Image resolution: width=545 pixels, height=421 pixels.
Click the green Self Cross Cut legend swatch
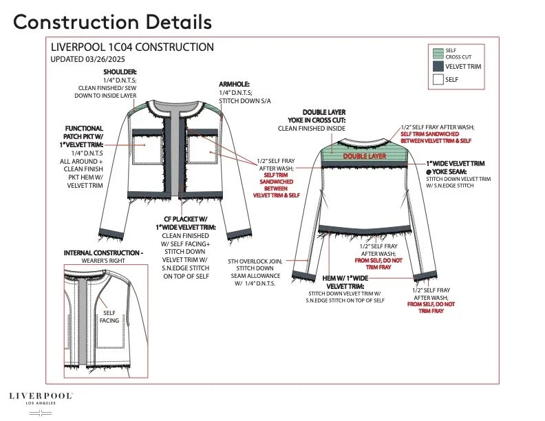[x=438, y=54]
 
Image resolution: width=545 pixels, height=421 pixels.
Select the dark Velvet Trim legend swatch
[x=438, y=66]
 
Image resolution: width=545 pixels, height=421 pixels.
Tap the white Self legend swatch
[x=438, y=80]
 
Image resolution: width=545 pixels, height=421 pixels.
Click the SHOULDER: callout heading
[x=120, y=72]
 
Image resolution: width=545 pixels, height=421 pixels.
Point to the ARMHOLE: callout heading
[x=234, y=85]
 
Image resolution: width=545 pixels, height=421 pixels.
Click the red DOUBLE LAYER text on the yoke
[x=365, y=156]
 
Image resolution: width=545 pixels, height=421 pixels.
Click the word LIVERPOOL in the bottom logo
[x=41, y=396]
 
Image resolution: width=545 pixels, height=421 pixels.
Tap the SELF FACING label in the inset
[x=109, y=317]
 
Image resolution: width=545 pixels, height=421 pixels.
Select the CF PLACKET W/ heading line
[x=186, y=219]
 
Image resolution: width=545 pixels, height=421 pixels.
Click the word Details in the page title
[x=179, y=22]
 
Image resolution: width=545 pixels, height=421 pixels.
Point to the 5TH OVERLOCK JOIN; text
[x=255, y=261]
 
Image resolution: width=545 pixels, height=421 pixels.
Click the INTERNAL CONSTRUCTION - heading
[x=103, y=253]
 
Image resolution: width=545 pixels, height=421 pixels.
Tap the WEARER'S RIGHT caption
[x=103, y=261]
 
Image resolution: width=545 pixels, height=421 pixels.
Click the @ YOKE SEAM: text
[x=447, y=171]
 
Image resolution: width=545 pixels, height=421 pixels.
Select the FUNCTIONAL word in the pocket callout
[x=84, y=129]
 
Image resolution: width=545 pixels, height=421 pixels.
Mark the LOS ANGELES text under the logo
[x=41, y=403]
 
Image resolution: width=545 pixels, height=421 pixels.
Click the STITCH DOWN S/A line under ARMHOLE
[x=245, y=101]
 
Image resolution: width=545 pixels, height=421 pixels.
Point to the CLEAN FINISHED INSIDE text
[x=312, y=129]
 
